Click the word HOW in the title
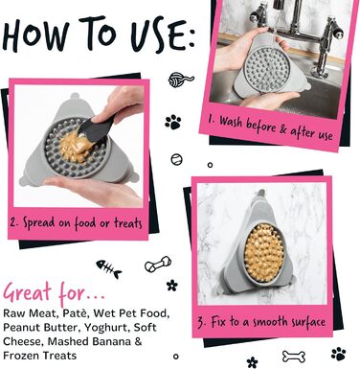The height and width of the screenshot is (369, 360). [35, 35]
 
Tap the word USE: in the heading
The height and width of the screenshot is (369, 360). [162, 34]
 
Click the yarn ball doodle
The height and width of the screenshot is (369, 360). [181, 80]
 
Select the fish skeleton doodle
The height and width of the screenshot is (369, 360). [109, 268]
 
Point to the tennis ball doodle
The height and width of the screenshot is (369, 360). [176, 159]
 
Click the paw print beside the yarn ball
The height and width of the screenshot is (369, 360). [173, 122]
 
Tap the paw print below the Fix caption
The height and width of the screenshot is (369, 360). [338, 354]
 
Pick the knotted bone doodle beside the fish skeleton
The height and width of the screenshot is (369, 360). [158, 265]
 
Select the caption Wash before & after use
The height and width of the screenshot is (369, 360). [270, 127]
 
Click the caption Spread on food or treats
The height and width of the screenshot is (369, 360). [76, 222]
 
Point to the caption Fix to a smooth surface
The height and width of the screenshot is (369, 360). [261, 321]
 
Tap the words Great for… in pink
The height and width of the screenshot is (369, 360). [54, 292]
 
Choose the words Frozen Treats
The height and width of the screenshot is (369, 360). [40, 356]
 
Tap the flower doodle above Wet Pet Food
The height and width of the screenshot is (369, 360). [172, 285]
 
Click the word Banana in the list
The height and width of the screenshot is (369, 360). [111, 341]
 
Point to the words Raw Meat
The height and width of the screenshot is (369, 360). [31, 313]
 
